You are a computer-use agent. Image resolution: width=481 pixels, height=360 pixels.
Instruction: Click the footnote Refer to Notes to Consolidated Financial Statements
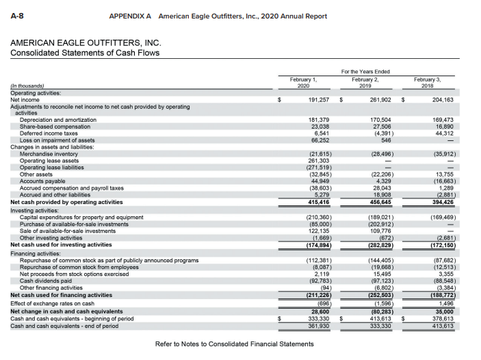pyautogui.click(x=235, y=344)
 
